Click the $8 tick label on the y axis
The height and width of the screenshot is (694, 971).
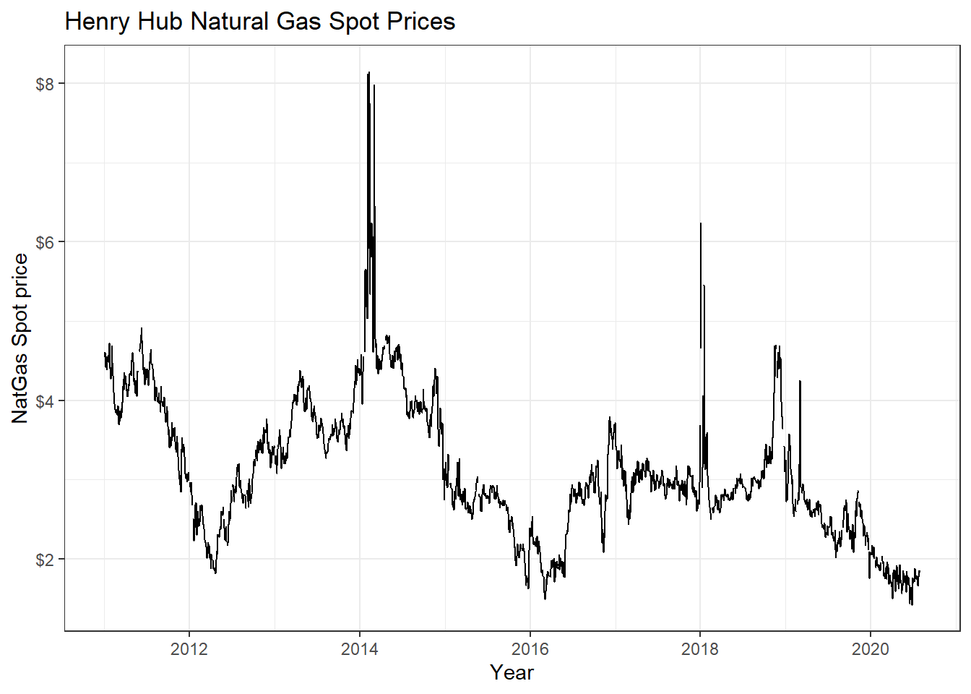(x=45, y=84)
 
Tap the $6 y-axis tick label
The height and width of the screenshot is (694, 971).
(x=45, y=242)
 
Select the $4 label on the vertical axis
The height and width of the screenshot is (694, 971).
(x=45, y=400)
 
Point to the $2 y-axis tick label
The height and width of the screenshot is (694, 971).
(x=45, y=560)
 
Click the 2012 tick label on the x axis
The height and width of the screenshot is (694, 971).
(x=189, y=649)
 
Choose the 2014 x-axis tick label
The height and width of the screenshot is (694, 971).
(x=360, y=649)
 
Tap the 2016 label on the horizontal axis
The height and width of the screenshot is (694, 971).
(x=530, y=649)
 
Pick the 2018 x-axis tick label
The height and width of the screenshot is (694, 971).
(x=700, y=649)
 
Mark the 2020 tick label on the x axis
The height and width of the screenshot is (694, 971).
(x=871, y=649)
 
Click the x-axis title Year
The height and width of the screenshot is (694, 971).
(x=512, y=672)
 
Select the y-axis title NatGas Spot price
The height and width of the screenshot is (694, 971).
(x=20, y=338)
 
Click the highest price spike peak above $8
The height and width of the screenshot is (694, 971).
(x=368, y=73)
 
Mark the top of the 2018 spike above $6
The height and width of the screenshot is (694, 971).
(x=701, y=224)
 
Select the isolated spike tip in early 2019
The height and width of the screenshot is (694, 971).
(x=800, y=382)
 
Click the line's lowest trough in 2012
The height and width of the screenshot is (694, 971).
(x=215, y=573)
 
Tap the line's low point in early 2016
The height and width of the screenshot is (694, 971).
(x=545, y=599)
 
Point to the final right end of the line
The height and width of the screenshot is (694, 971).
(x=920, y=571)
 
